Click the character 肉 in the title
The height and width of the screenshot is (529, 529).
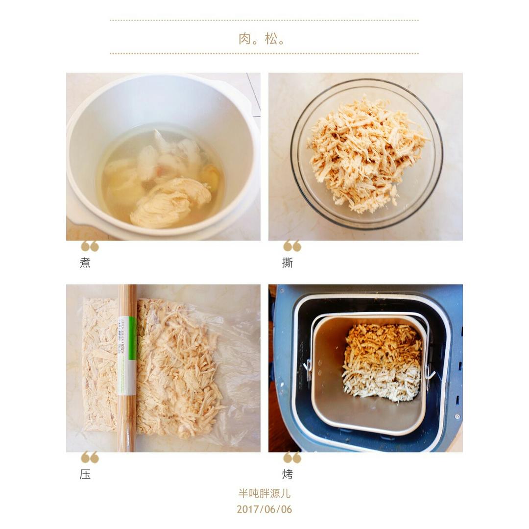pyautogui.click(x=244, y=39)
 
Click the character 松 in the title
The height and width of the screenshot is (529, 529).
pyautogui.click(x=271, y=39)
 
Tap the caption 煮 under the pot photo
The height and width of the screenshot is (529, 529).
pyautogui.click(x=85, y=263)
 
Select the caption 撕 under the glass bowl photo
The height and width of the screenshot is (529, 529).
pyautogui.click(x=288, y=263)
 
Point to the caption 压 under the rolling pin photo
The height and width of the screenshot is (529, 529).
pyautogui.click(x=85, y=474)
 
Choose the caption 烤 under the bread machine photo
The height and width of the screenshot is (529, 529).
pyautogui.click(x=288, y=474)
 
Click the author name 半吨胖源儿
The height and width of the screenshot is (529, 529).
pyautogui.click(x=264, y=494)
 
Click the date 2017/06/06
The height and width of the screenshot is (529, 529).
pyautogui.click(x=264, y=509)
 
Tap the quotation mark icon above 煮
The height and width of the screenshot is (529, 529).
pyautogui.click(x=90, y=246)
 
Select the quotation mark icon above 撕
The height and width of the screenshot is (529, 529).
pyautogui.click(x=292, y=246)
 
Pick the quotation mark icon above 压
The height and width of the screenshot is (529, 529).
pyautogui.click(x=90, y=457)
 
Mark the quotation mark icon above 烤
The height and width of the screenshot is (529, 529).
pyautogui.click(x=292, y=457)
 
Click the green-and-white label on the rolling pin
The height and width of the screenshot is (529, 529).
pyautogui.click(x=127, y=356)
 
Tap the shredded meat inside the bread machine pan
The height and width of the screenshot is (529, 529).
pyautogui.click(x=382, y=363)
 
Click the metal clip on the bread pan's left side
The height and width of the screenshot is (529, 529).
pyautogui.click(x=308, y=369)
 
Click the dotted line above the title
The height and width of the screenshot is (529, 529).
pyautogui.click(x=264, y=20)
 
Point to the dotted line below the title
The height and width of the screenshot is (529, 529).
pyautogui.click(x=264, y=53)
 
